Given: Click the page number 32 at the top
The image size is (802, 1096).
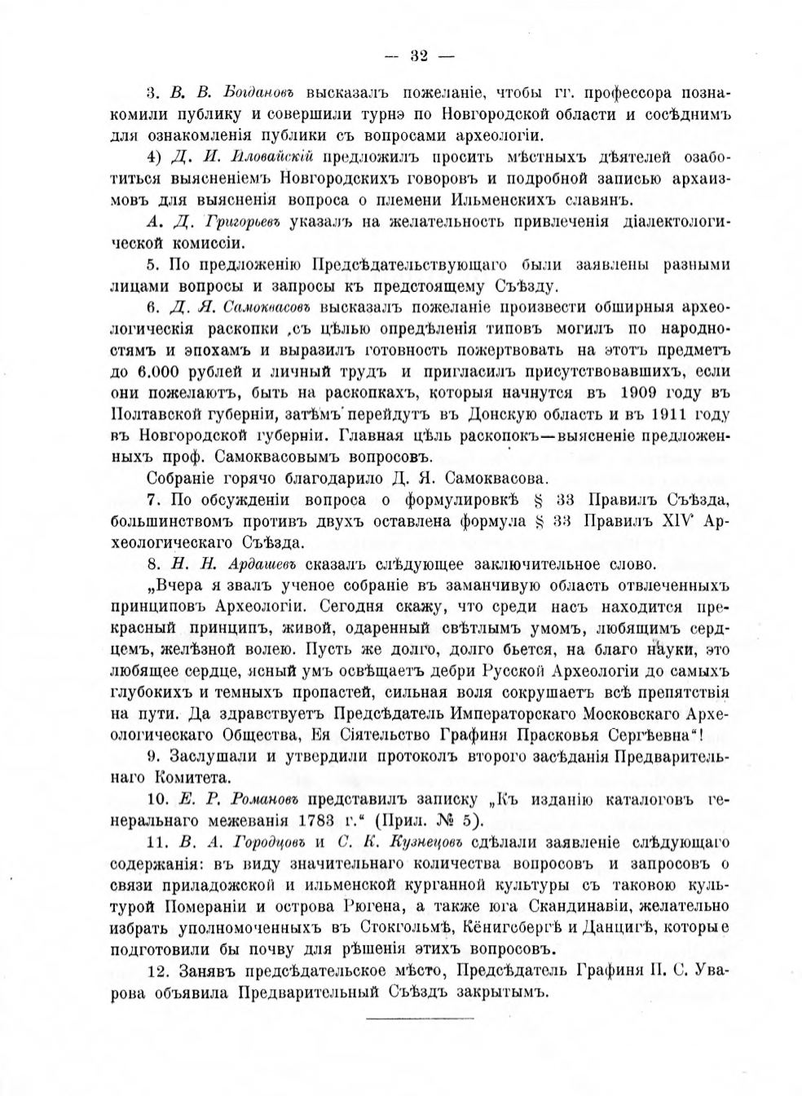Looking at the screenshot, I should [421, 56].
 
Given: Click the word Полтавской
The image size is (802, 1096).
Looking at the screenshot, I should [155, 412].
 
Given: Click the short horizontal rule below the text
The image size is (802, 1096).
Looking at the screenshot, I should [420, 1019].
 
